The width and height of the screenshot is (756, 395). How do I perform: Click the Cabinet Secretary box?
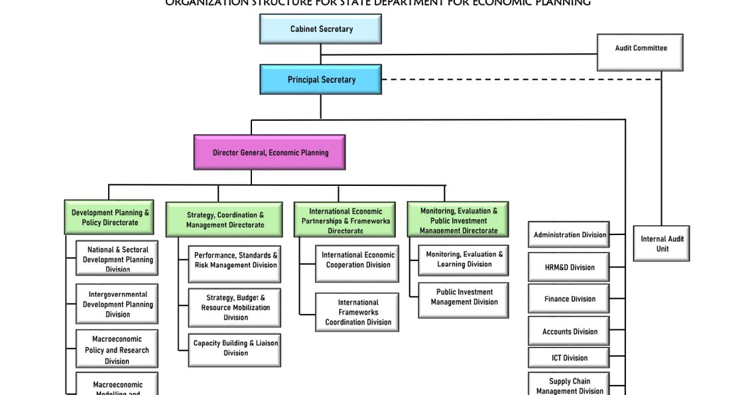pyautogui.click(x=320, y=29)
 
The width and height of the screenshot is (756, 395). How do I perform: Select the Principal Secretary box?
pyautogui.click(x=320, y=80)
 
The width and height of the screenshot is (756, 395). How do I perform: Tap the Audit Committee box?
pyautogui.click(x=640, y=52)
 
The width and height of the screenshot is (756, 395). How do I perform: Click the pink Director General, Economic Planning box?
pyautogui.click(x=269, y=153)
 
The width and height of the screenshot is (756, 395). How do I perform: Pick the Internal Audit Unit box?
pyautogui.click(x=661, y=244)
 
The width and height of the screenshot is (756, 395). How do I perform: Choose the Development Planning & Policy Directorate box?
pyautogui.click(x=109, y=217)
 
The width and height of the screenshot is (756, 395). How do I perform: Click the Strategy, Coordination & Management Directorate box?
pyautogui.click(x=225, y=220)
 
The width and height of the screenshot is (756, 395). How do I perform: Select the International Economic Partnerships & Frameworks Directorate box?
pyautogui.click(x=345, y=220)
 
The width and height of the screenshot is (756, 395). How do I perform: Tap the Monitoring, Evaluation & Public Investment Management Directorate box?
pyautogui.click(x=458, y=220)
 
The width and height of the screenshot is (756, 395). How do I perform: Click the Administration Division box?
pyautogui.click(x=569, y=235)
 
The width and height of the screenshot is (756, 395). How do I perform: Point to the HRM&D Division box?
pyautogui.click(x=569, y=268)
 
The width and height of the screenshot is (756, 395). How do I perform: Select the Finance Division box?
pyautogui.click(x=569, y=299)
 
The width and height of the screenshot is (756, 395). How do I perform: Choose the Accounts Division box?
pyautogui.click(x=569, y=331)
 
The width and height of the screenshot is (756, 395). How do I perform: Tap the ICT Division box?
pyautogui.click(x=569, y=358)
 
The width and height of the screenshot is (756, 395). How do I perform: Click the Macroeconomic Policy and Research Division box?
pyautogui.click(x=117, y=349)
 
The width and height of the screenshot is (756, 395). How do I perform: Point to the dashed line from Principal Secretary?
pyautogui.click(x=517, y=80)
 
